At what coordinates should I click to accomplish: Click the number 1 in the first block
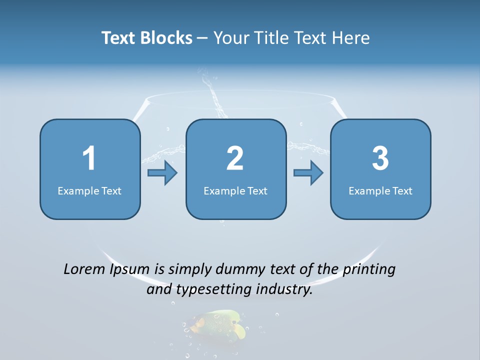tap(89, 158)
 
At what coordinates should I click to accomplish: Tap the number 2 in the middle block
tap(235, 158)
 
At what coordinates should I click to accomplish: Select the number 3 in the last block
tap(380, 158)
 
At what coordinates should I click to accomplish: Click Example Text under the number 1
tap(89, 190)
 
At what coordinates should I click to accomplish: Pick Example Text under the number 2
tap(235, 190)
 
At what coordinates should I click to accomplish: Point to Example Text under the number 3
tap(380, 190)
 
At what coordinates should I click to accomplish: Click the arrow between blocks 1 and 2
tap(162, 173)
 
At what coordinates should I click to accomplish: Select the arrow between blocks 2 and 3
tap(308, 173)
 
